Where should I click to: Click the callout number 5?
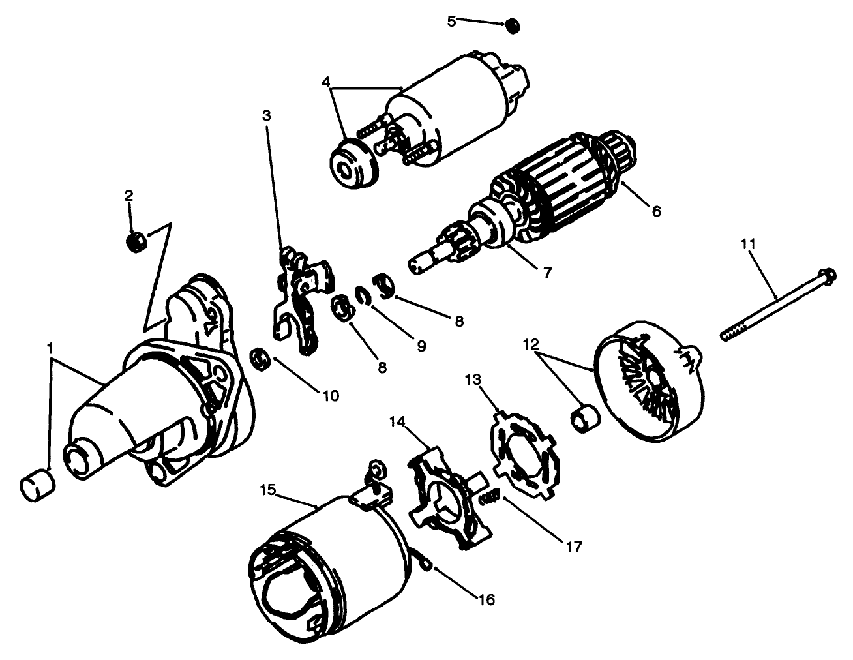pos(451,20)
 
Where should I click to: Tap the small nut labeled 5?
pos(513,26)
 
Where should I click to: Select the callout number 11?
pos(748,244)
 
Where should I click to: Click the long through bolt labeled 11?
pos(776,305)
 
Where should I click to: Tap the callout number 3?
pos(266,115)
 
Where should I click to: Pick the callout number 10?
pos(329,395)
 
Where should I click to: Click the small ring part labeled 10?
pos(262,359)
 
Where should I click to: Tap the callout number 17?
pos(575,545)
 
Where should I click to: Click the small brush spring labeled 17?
pos(490,500)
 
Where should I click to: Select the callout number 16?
pos(486,599)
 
